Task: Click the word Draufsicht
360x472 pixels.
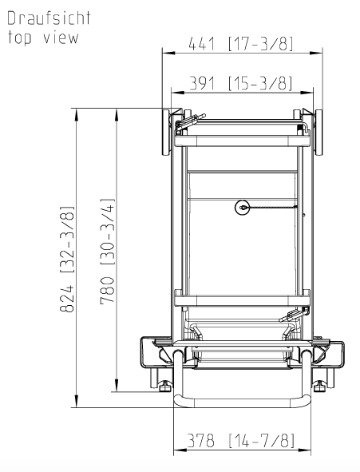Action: point(49,18)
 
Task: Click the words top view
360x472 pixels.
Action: point(43,38)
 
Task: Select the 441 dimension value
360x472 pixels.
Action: point(202,44)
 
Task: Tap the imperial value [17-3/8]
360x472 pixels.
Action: point(260,44)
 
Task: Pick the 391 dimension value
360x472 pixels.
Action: point(203,83)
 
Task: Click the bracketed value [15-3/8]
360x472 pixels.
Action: point(260,83)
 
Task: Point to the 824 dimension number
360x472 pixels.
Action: point(67,299)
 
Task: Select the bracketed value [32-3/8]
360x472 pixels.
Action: point(67,240)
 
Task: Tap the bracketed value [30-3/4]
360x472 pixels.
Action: point(107,232)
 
